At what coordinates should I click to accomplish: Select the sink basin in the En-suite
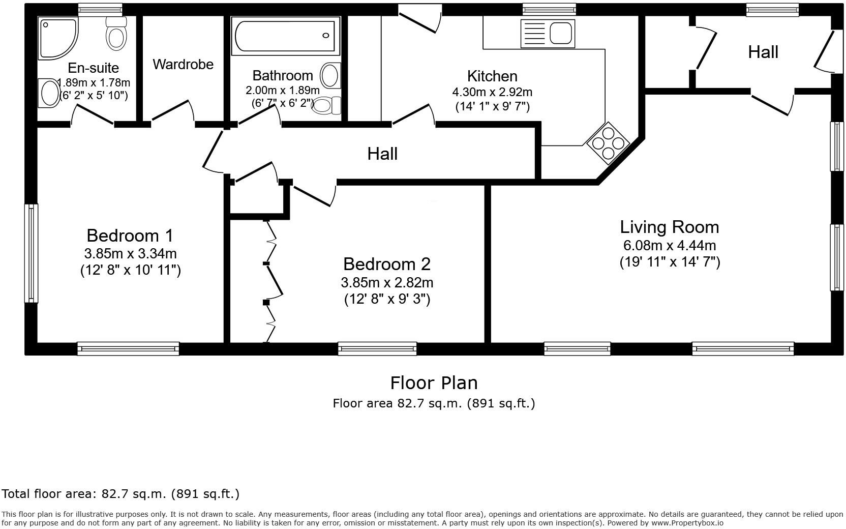click(49, 93)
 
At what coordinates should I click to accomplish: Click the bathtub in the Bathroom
click(285, 36)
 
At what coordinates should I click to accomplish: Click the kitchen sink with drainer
click(548, 34)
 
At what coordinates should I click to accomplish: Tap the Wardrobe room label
click(183, 65)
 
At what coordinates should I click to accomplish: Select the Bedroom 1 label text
click(130, 236)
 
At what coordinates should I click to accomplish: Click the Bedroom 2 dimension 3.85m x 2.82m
click(387, 282)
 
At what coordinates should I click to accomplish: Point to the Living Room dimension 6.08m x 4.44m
click(670, 245)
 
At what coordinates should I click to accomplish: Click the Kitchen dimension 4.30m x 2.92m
click(492, 92)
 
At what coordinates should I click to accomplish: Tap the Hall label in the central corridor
click(382, 154)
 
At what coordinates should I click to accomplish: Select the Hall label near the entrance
click(763, 52)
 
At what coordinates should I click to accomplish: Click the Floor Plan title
click(434, 383)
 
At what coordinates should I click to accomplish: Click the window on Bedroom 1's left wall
click(32, 253)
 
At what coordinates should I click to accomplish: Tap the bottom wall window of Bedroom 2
click(377, 348)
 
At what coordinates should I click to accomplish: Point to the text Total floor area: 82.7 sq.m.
click(120, 493)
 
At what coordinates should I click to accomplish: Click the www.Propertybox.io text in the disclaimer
click(687, 523)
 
